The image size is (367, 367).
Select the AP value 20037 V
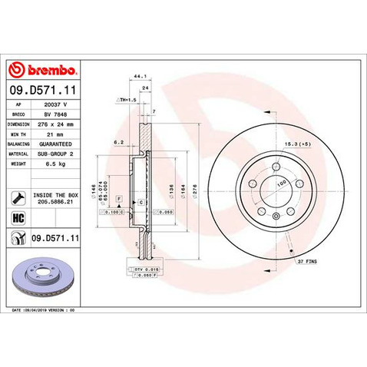(59, 102)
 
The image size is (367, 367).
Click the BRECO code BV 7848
(55, 112)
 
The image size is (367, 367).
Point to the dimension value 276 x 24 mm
(60, 122)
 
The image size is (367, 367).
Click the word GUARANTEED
(57, 143)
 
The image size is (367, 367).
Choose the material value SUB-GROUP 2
(58, 153)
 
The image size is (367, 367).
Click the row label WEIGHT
(18, 163)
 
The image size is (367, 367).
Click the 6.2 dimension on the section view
(117, 143)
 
